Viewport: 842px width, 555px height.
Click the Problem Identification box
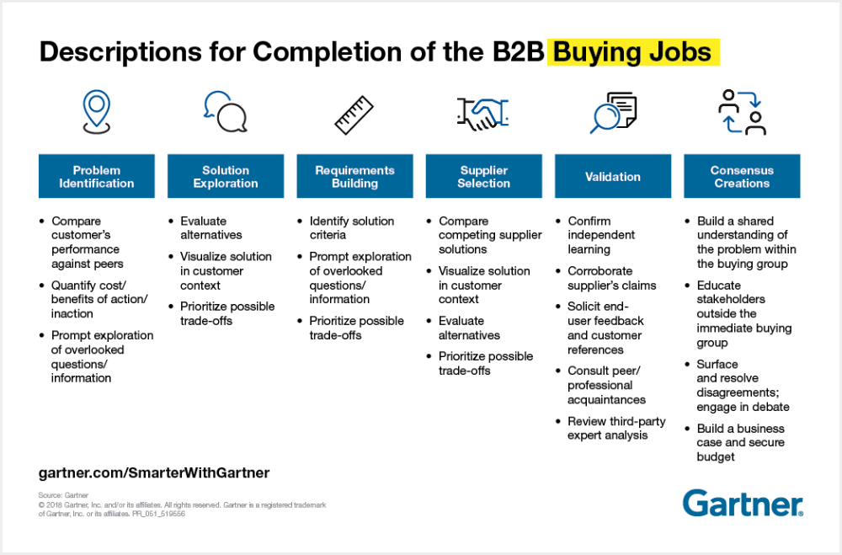(97, 176)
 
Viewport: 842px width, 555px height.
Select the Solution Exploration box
(226, 176)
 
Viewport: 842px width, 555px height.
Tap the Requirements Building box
(354, 176)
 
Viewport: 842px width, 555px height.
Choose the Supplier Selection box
(483, 176)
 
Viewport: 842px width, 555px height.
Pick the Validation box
(613, 176)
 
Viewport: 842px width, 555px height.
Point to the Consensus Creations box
(742, 176)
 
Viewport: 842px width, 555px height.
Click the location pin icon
(96, 111)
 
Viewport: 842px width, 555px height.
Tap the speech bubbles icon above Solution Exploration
(225, 112)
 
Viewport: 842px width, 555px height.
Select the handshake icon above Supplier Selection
(483, 113)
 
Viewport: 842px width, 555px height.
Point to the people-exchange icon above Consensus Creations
(742, 112)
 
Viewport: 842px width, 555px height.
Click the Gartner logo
(743, 503)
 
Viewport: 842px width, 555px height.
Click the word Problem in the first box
(97, 170)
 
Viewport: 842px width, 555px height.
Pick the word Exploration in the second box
(226, 183)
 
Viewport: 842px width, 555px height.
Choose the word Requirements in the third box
(354, 170)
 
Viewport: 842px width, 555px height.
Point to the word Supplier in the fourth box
(484, 170)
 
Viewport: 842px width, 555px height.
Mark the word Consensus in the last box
(742, 170)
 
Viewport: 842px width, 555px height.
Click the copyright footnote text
(182, 504)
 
